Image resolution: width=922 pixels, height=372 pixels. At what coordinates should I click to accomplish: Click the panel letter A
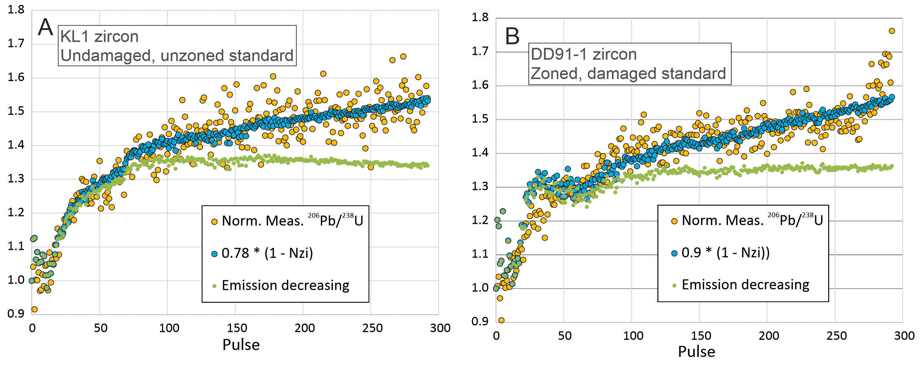point(46,27)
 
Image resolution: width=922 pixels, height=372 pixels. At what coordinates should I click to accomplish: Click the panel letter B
point(512,36)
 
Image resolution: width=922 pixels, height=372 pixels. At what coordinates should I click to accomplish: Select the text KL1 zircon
point(99,36)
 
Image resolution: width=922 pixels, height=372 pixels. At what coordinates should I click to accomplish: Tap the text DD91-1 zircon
point(584,54)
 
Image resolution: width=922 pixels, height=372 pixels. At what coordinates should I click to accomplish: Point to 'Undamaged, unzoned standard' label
point(177,56)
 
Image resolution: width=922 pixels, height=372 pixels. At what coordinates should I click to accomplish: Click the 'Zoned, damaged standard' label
point(628,74)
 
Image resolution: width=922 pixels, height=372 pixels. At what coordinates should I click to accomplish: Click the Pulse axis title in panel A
point(241,345)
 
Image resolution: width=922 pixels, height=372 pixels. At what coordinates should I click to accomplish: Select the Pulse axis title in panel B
point(697,352)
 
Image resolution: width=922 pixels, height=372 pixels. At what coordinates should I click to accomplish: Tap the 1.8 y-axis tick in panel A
point(16,10)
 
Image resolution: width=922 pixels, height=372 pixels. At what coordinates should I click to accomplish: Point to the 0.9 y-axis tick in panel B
point(480,322)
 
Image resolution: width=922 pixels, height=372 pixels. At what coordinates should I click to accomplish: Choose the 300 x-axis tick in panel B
point(904,336)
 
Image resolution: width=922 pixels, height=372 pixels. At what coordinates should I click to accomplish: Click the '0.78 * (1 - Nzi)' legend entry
point(267,253)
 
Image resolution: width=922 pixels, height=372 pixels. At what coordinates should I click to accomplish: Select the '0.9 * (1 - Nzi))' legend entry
point(725,252)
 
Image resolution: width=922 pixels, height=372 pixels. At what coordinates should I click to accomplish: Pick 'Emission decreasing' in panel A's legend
point(286,286)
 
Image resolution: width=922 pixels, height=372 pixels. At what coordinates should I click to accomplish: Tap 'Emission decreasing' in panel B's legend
point(746,285)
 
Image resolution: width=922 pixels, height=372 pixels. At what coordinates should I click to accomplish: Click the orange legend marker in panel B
point(674,221)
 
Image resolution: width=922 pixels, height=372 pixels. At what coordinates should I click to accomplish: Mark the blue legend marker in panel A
point(214,254)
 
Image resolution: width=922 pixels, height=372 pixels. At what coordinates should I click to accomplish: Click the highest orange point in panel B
point(891,31)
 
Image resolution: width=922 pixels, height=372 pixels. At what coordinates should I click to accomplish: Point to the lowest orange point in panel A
point(34,309)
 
